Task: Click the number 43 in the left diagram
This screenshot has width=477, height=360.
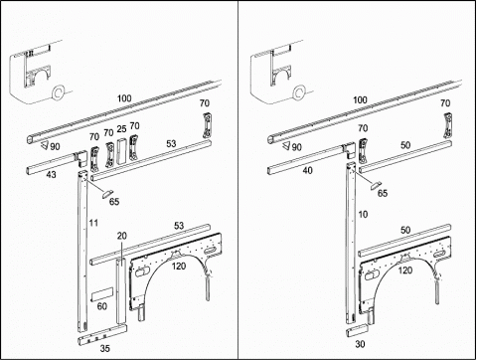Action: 51,174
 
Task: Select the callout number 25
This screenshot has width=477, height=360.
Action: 121,129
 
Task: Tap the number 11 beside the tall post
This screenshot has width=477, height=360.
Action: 93,223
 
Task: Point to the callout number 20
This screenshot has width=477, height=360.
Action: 122,236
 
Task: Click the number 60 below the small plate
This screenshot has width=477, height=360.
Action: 102,306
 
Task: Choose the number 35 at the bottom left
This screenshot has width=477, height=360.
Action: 105,348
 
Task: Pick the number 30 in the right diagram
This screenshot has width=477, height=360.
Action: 360,344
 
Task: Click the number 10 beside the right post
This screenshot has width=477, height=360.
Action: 363,215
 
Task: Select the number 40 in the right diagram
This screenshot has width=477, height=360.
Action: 308,170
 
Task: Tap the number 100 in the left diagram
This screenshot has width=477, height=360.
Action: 124,98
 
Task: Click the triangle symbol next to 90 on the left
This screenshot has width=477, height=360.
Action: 45,145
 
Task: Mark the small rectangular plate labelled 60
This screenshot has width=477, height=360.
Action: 102,294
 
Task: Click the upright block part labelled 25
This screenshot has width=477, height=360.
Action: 121,150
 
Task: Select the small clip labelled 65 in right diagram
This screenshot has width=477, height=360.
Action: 376,185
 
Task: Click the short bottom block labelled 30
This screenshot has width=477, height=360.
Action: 358,331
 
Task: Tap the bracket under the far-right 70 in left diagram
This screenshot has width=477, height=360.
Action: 207,125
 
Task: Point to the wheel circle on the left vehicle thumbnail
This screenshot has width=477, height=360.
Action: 59,92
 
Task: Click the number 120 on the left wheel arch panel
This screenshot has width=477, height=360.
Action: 179,266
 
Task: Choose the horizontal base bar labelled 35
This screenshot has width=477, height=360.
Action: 102,335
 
